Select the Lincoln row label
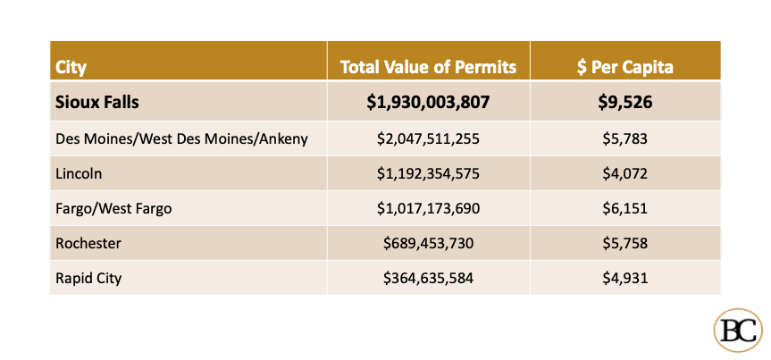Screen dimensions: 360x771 point(77,173)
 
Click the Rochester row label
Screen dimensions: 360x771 point(88,243)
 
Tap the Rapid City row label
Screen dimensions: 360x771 point(88,278)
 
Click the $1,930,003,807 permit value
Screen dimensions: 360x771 point(428,102)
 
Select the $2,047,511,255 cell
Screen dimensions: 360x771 point(428,138)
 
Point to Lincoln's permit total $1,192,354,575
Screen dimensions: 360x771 point(428,173)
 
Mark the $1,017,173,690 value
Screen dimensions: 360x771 point(428,208)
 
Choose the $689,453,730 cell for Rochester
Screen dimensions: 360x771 point(428,243)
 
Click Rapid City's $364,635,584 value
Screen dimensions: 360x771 point(428,278)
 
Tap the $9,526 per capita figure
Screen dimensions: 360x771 point(624,102)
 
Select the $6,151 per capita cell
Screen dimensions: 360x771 point(624,208)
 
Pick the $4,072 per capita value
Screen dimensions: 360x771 point(624,173)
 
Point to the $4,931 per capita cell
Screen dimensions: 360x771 point(624,278)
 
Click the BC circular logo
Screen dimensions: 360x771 point(738,331)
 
